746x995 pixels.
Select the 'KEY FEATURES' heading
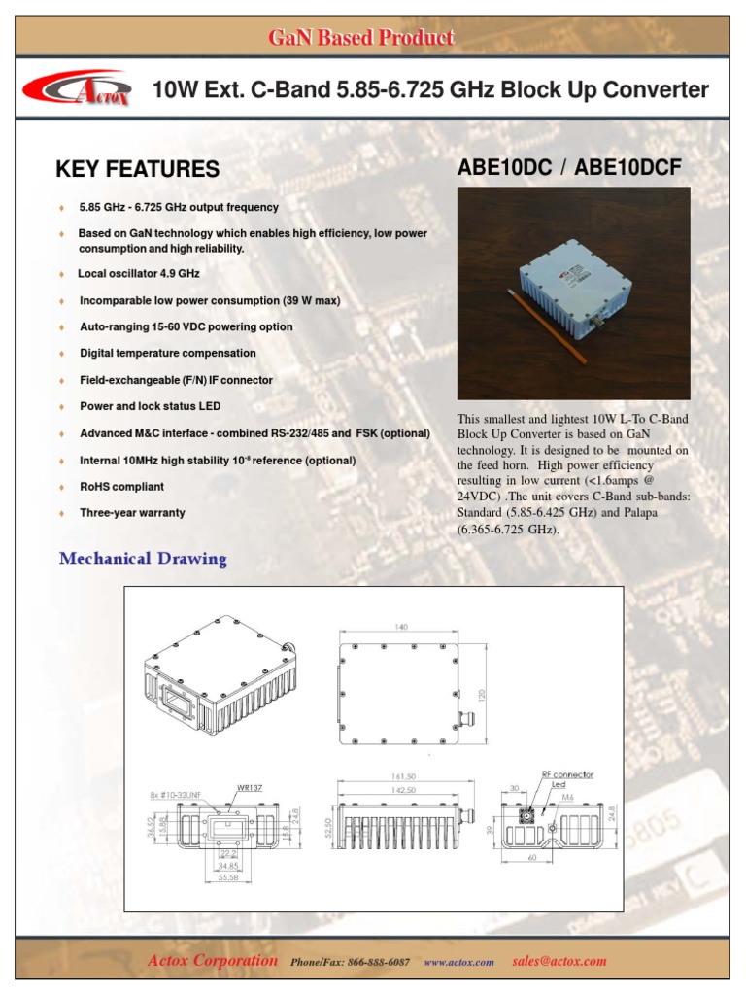tap(137, 169)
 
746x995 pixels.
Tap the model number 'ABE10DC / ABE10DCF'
tap(568, 168)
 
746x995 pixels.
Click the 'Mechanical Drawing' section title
tap(143, 559)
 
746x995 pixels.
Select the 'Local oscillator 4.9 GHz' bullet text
tap(139, 274)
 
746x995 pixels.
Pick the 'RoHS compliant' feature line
tap(121, 486)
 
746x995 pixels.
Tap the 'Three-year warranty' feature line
tap(132, 512)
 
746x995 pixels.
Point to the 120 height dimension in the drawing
tap(479, 695)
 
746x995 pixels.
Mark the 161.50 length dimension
tap(403, 777)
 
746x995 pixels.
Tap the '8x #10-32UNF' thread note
tap(179, 795)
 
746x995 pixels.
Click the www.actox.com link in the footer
tap(459, 962)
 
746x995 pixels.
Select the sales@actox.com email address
tap(559, 961)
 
